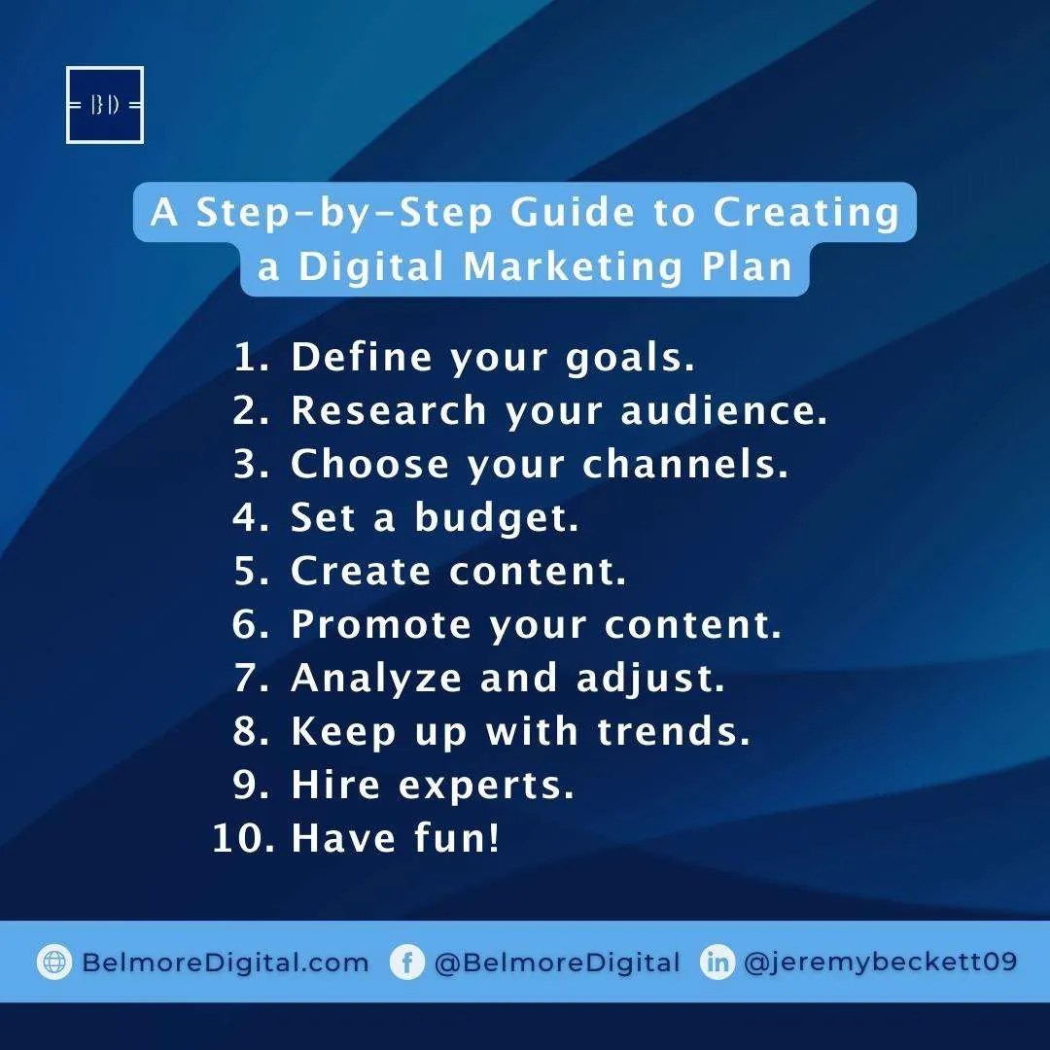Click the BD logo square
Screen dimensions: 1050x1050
tap(105, 105)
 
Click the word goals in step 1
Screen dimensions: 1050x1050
tap(631, 359)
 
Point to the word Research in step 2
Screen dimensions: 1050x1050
tap(389, 410)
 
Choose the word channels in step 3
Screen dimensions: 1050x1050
tap(684, 465)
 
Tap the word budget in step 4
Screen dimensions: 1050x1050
tap(497, 518)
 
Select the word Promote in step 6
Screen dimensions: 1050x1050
tap(380, 625)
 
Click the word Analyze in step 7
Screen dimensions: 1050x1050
tap(375, 679)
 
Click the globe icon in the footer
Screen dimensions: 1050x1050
tap(54, 962)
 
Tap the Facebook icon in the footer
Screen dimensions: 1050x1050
tap(406, 962)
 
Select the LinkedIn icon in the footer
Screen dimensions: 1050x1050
tap(717, 962)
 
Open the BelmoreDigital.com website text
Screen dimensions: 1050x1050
tap(226, 962)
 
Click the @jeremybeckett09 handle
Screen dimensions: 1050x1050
tap(881, 962)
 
